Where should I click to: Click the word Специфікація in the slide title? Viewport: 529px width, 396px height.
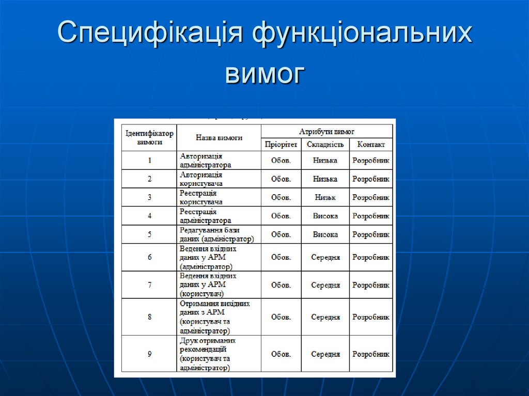click(x=150, y=34)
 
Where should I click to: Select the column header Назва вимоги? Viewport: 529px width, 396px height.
click(x=219, y=138)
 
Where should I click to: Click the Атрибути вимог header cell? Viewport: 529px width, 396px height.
click(x=326, y=132)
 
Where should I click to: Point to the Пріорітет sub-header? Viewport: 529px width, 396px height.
click(x=281, y=145)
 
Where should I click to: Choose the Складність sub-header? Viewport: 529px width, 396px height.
click(x=325, y=145)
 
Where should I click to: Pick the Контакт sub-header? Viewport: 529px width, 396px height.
click(x=371, y=145)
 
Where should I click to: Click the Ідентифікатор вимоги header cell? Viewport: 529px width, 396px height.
click(x=149, y=137)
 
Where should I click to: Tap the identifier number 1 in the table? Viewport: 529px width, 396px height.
click(x=149, y=161)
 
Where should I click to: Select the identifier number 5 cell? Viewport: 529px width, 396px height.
click(x=149, y=234)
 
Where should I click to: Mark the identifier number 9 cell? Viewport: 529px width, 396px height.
click(x=149, y=354)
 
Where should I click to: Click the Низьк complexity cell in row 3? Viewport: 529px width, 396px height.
click(x=325, y=197)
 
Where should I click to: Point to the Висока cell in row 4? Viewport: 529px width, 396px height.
click(x=325, y=216)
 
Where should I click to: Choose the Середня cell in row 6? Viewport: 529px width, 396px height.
click(x=325, y=257)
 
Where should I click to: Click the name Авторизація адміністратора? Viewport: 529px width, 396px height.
click(x=206, y=161)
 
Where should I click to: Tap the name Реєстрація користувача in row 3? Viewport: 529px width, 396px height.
click(x=201, y=197)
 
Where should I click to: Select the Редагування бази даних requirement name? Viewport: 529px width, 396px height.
click(x=217, y=234)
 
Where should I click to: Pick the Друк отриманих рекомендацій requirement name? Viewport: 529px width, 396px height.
click(x=208, y=354)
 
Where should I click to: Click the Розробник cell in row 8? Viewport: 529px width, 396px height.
click(x=371, y=317)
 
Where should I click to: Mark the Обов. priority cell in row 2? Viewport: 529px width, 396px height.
click(x=281, y=179)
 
